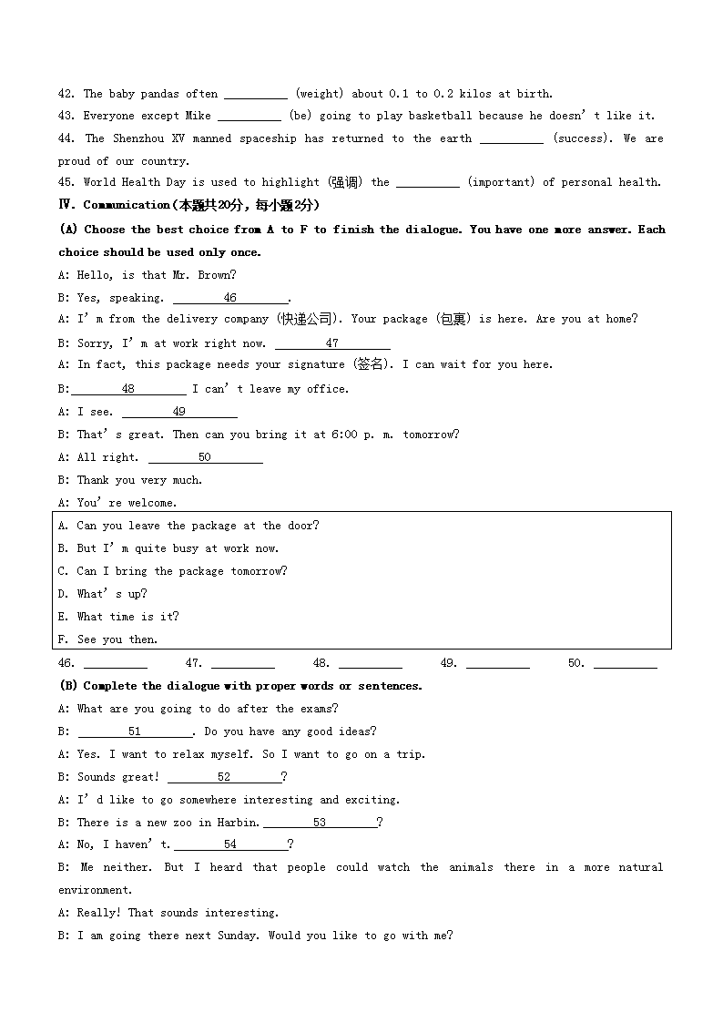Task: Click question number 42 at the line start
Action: [66, 94]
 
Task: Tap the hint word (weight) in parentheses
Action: [319, 94]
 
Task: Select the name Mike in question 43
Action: [198, 117]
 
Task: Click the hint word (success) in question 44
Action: [583, 138]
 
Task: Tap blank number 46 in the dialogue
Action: [229, 298]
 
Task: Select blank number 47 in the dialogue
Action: [332, 343]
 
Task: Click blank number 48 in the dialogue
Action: [128, 389]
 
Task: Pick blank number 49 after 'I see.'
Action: [179, 412]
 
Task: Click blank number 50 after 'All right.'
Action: [205, 457]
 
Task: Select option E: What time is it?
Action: [118, 617]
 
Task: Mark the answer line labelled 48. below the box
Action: [370, 664]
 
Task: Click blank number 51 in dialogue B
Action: [135, 731]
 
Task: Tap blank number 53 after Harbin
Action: [319, 823]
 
